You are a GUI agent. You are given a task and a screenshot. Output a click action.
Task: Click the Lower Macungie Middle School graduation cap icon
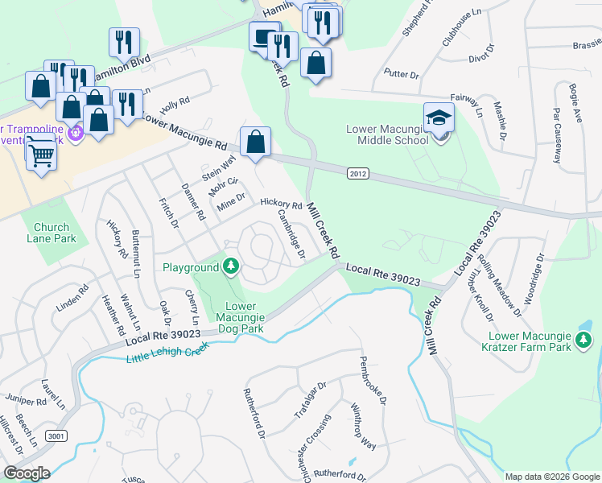pyautogui.click(x=439, y=118)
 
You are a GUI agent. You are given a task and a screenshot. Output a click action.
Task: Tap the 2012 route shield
pyautogui.click(x=358, y=173)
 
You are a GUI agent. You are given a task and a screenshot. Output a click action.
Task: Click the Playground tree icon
pyautogui.click(x=231, y=266)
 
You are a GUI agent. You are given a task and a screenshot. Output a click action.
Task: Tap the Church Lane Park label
pyautogui.click(x=51, y=233)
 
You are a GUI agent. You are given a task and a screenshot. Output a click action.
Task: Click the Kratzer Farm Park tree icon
pyautogui.click(x=583, y=345)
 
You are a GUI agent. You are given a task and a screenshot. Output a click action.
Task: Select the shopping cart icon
pyautogui.click(x=40, y=153)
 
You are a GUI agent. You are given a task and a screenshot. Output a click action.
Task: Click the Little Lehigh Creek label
pyautogui.click(x=167, y=352)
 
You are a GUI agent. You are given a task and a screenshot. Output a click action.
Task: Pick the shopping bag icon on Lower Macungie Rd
pyautogui.click(x=255, y=142)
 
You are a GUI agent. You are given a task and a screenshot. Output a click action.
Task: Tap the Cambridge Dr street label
pyautogui.click(x=291, y=233)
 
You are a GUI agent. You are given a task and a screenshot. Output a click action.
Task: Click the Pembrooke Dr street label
pyautogui.click(x=374, y=380)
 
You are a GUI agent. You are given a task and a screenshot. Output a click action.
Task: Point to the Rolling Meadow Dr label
pyautogui.click(x=499, y=282)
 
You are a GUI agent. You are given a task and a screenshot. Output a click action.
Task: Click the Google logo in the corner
pyautogui.click(x=27, y=473)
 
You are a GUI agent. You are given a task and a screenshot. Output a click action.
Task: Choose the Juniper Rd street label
pyautogui.click(x=26, y=400)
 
